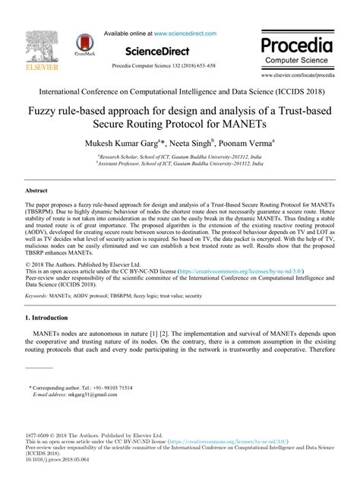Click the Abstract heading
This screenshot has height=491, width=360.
point(36,192)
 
